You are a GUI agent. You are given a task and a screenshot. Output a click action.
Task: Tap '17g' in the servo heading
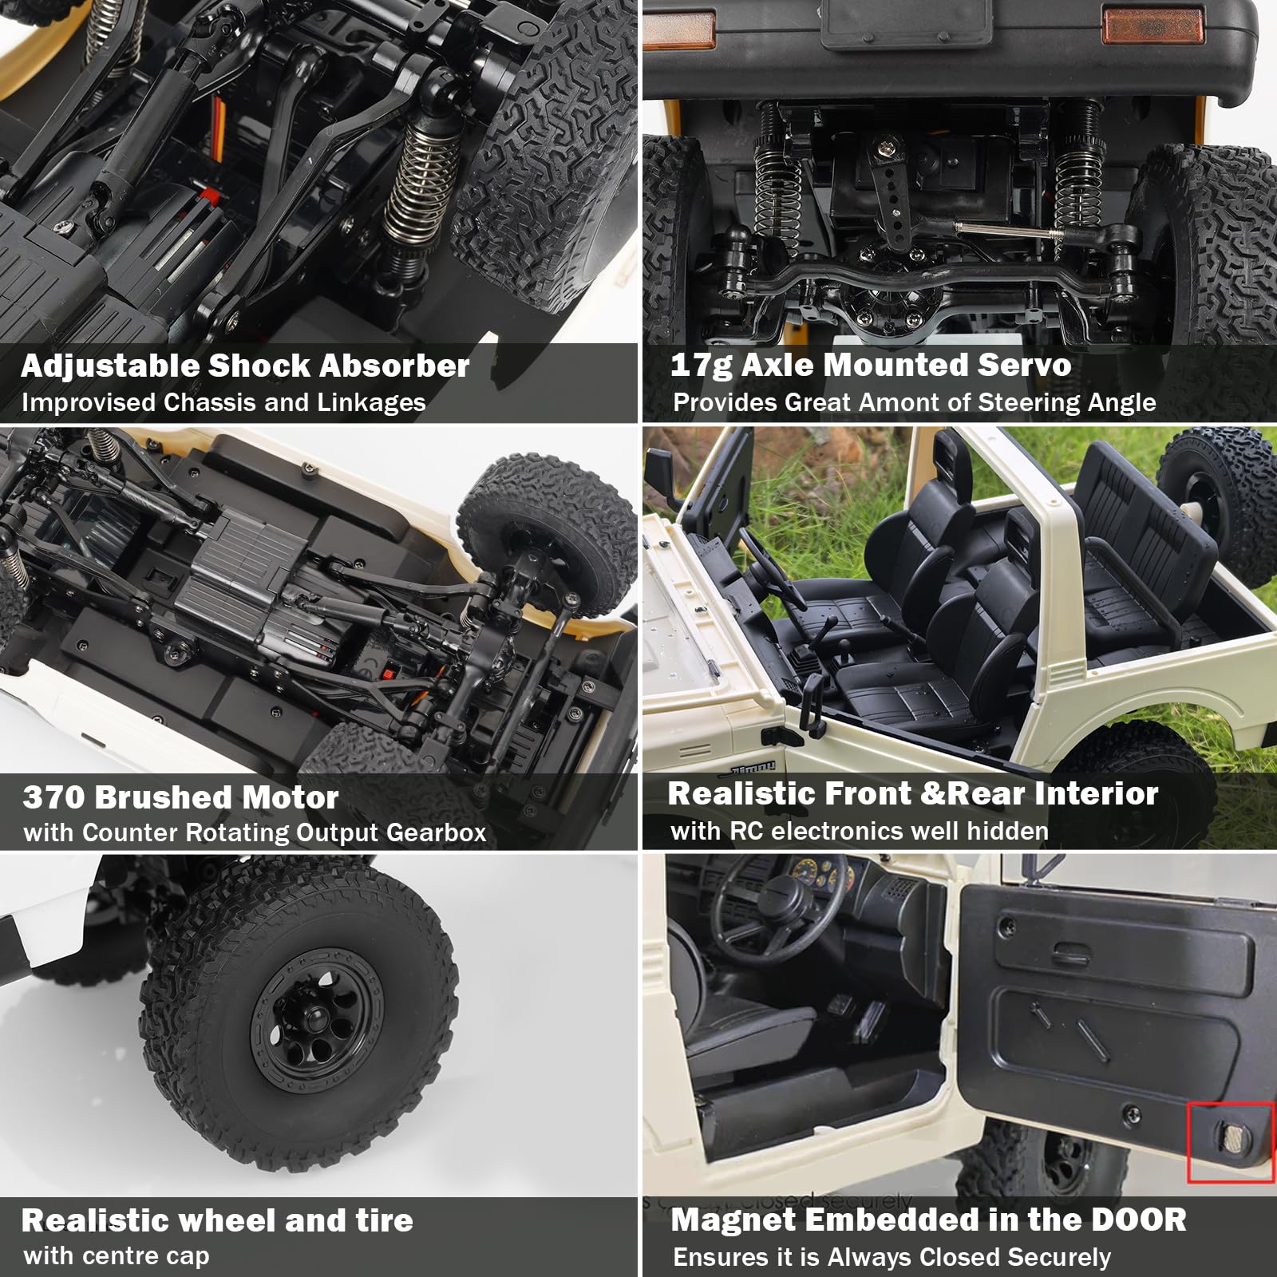700,366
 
